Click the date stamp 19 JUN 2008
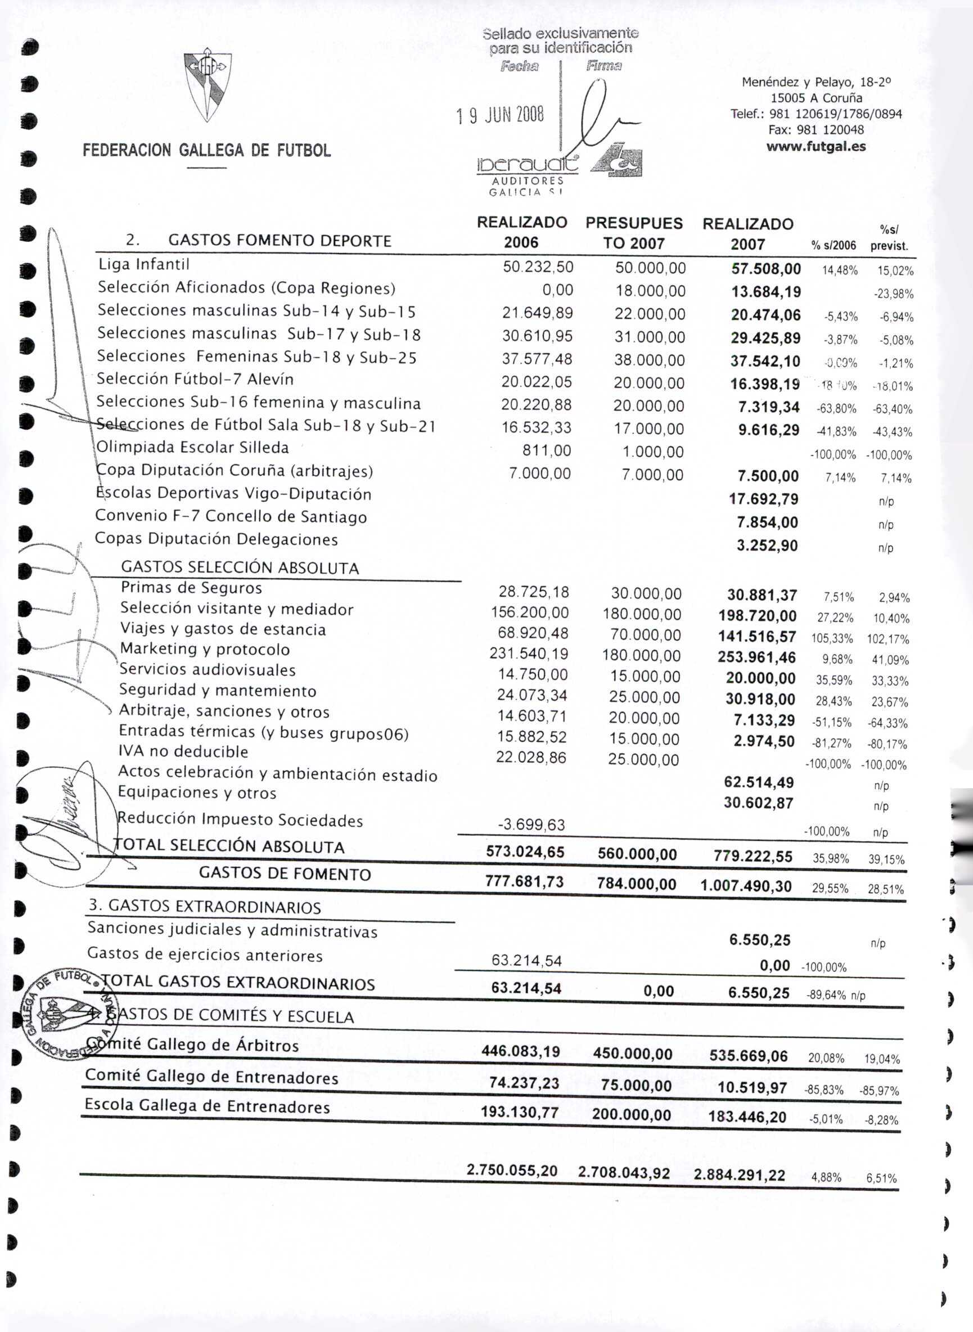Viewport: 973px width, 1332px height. [x=501, y=115]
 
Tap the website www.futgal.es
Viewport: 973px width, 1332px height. [x=816, y=146]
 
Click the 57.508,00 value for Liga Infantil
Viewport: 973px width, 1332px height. [x=765, y=269]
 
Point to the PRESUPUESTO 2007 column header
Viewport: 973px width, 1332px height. [x=634, y=233]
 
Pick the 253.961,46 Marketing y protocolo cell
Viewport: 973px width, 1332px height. [x=757, y=657]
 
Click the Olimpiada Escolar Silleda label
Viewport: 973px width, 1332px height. [x=192, y=448]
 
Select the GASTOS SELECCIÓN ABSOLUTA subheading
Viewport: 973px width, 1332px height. [x=240, y=568]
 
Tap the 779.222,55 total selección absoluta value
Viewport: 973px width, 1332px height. [x=753, y=857]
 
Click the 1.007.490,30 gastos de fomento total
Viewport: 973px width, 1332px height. [x=746, y=886]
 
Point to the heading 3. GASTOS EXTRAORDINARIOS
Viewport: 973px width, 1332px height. [x=205, y=906]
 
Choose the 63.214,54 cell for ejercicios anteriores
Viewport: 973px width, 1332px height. [x=526, y=961]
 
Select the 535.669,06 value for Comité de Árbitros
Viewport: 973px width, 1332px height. [x=749, y=1055]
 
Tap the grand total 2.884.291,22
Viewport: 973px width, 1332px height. [x=740, y=1174]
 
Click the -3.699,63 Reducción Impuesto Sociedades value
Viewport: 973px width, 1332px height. [x=531, y=825]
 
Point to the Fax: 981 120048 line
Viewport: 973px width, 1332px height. [x=816, y=129]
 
